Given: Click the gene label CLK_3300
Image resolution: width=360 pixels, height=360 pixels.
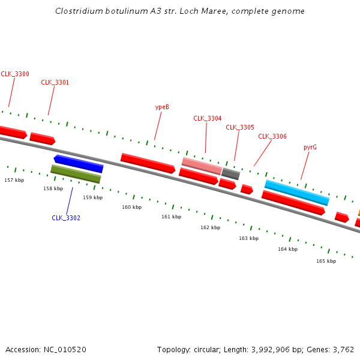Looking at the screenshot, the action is [x=14, y=74].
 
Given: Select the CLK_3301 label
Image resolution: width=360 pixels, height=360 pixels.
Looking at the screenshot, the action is [x=55, y=82].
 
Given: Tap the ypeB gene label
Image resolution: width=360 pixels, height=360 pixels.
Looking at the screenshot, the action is [x=162, y=107].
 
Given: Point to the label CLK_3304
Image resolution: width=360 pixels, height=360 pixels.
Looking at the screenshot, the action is [x=207, y=118].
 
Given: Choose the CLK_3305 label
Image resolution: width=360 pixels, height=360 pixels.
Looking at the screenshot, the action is [x=240, y=127].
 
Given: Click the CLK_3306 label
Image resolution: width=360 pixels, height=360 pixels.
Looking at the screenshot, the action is [x=272, y=136].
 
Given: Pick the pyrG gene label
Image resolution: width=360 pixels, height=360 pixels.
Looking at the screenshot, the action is [x=310, y=147].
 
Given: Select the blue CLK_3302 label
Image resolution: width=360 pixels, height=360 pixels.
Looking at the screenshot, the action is [x=65, y=218].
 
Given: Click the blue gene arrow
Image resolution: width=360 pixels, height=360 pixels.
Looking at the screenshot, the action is [x=79, y=163].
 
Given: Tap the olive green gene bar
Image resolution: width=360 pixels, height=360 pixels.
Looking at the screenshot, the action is [x=76, y=174].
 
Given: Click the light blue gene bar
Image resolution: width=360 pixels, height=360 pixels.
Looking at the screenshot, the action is [x=297, y=192].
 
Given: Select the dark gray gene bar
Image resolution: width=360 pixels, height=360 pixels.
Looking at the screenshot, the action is [x=230, y=174].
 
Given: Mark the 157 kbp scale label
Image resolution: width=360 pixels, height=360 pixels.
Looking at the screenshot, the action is [x=14, y=180].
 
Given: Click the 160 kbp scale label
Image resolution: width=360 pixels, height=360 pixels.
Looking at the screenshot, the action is [x=131, y=207].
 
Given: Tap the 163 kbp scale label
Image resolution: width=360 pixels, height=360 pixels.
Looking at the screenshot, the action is [x=248, y=238].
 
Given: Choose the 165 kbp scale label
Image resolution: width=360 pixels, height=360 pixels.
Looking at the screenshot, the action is [x=326, y=261].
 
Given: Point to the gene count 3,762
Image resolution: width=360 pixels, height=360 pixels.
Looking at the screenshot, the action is [x=343, y=349].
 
